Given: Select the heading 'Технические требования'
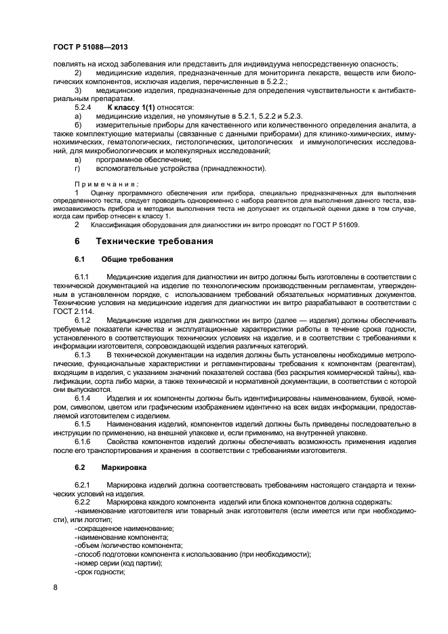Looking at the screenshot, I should [x=155, y=241].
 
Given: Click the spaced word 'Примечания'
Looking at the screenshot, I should [x=106, y=184].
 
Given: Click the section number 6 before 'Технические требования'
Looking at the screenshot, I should [x=77, y=241].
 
